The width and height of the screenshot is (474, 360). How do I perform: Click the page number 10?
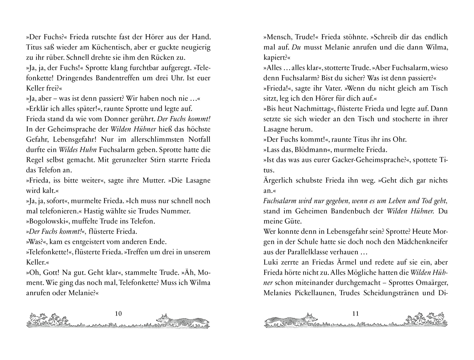click(x=118, y=314)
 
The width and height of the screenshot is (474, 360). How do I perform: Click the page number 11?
click(x=355, y=314)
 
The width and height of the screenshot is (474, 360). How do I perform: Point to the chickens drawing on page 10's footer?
click(x=47, y=320)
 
